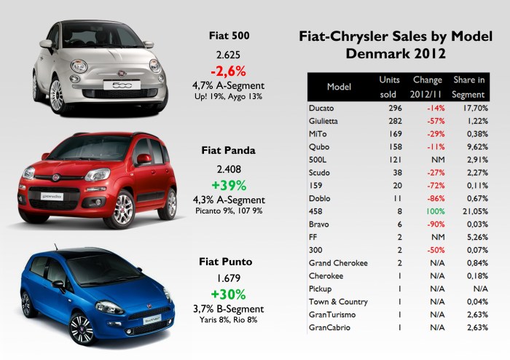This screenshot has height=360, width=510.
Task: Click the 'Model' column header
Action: (x=340, y=86)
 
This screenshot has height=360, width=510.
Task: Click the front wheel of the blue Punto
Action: (x=83, y=326)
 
